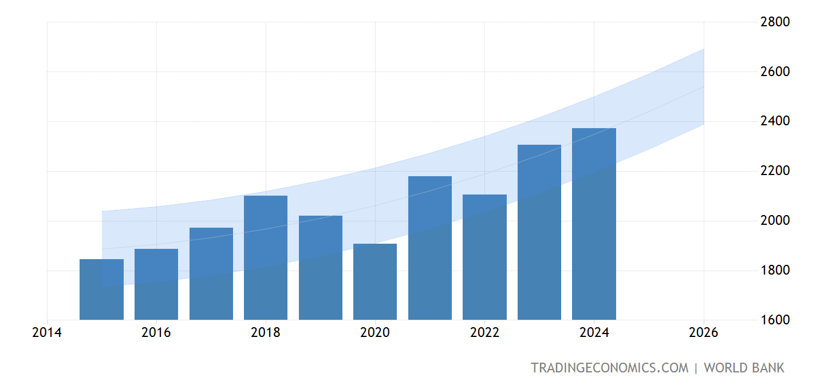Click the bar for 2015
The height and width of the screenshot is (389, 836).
tap(101, 289)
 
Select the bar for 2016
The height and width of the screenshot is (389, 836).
tap(156, 284)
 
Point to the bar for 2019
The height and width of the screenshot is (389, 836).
tap(321, 268)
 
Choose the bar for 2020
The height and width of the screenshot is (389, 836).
tap(375, 281)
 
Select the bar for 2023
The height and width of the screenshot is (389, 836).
tap(539, 232)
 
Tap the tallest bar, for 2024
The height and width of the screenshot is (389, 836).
tap(594, 224)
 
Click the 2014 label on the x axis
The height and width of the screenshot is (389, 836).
tap(47, 333)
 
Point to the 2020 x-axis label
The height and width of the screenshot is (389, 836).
tap(375, 333)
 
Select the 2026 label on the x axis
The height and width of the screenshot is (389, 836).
tap(703, 333)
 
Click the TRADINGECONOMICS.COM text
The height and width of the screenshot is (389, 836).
tap(609, 368)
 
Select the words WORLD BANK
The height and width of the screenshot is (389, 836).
tap(744, 368)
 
